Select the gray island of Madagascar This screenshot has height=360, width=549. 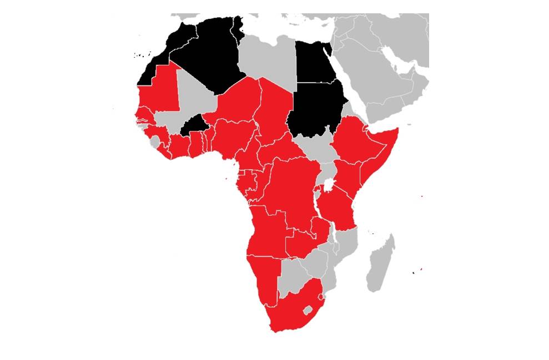pyautogui.click(x=381, y=263)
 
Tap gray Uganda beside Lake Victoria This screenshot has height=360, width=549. pyautogui.click(x=326, y=169)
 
